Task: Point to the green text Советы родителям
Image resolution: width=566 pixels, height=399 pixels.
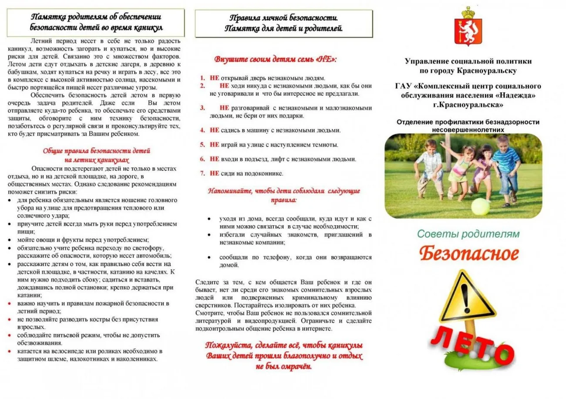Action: [x=468, y=234]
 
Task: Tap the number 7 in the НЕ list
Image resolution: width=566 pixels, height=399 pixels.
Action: [x=202, y=173]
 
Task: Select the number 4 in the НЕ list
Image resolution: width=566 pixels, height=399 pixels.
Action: [x=202, y=130]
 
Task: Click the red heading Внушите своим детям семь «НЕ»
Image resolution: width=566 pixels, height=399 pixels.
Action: [x=276, y=59]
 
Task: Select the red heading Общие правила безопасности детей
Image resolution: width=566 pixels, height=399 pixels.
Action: [x=96, y=151]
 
